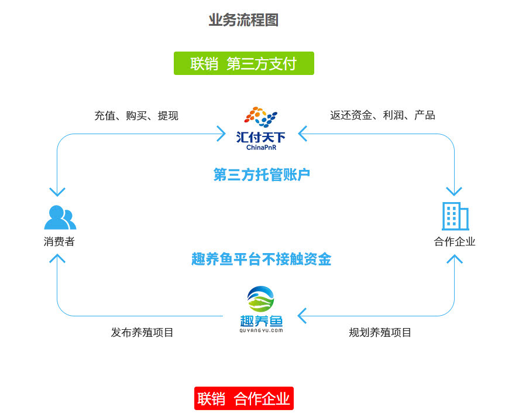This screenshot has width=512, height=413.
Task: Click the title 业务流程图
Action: [243, 20]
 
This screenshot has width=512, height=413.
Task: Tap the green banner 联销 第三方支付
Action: [243, 63]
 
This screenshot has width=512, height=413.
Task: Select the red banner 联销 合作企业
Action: [243, 398]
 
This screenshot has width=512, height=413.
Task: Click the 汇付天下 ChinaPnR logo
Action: [260, 128]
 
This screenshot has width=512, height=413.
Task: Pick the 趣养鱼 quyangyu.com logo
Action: [261, 310]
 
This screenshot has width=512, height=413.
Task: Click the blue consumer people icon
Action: [60, 217]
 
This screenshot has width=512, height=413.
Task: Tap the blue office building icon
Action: [455, 216]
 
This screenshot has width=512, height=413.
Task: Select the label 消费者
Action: [59, 241]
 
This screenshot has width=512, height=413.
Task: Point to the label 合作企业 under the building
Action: [455, 241]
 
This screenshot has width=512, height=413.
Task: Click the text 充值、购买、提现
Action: [136, 115]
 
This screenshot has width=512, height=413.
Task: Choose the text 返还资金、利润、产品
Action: [382, 115]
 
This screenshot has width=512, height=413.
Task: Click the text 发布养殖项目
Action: [142, 332]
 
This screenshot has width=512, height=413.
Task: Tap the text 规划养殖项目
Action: [380, 332]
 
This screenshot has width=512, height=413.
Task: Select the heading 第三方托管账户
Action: [261, 175]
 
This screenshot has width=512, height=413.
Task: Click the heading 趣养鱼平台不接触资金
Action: [261, 259]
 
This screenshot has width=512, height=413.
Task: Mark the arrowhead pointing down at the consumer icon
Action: [57, 192]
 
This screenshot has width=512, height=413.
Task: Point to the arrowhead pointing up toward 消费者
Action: [57, 260]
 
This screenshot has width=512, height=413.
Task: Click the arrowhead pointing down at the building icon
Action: [454, 191]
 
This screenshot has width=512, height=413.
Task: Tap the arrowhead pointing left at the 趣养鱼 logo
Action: [302, 316]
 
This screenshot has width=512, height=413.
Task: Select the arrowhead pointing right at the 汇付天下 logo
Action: [221, 134]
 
